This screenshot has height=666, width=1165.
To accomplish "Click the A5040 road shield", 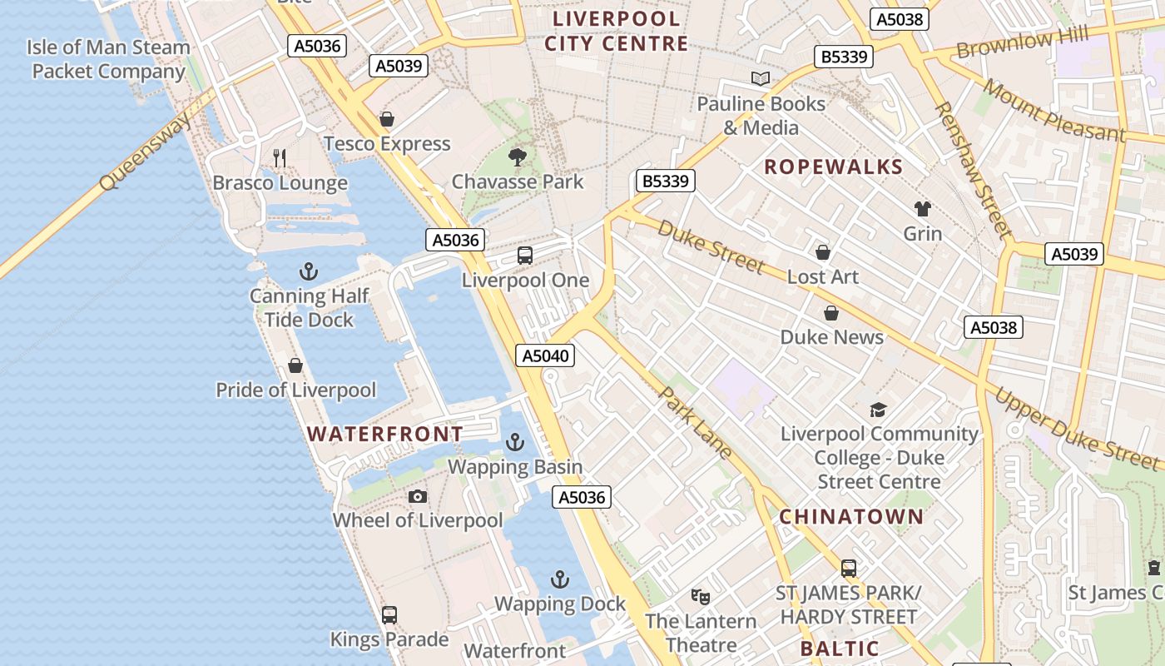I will pyautogui.click(x=545, y=356).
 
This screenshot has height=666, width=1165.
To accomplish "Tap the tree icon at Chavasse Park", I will pyautogui.click(x=518, y=157).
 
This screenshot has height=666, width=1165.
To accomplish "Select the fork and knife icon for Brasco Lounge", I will pyautogui.click(x=280, y=157).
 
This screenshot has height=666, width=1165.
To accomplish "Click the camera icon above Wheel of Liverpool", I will pyautogui.click(x=418, y=497).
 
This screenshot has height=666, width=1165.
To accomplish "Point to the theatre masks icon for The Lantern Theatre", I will pyautogui.click(x=701, y=596).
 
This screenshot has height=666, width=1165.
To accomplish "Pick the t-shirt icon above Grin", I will pyautogui.click(x=923, y=209).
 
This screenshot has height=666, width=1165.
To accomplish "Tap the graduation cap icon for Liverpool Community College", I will pyautogui.click(x=878, y=410).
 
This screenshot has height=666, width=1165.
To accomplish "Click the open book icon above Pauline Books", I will pyautogui.click(x=761, y=79).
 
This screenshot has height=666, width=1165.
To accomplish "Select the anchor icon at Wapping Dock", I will pyautogui.click(x=560, y=579).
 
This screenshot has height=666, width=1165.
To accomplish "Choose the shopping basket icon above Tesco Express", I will pyautogui.click(x=386, y=119).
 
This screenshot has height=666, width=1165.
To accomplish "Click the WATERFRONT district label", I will pyautogui.click(x=384, y=434).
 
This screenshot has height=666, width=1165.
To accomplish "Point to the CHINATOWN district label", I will pyautogui.click(x=851, y=516).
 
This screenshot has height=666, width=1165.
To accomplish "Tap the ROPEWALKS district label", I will pyautogui.click(x=833, y=166).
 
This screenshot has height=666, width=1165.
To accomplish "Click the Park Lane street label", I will pyautogui.click(x=696, y=422).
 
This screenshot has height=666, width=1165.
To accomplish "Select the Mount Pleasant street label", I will pyautogui.click(x=1053, y=110).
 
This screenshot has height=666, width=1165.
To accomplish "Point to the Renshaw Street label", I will pyautogui.click(x=972, y=170).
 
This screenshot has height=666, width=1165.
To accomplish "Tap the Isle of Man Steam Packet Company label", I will pyautogui.click(x=108, y=59).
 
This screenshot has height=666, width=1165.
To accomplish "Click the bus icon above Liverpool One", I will pyautogui.click(x=524, y=256).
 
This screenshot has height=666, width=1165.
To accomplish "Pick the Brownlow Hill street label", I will pyautogui.click(x=1022, y=42).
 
